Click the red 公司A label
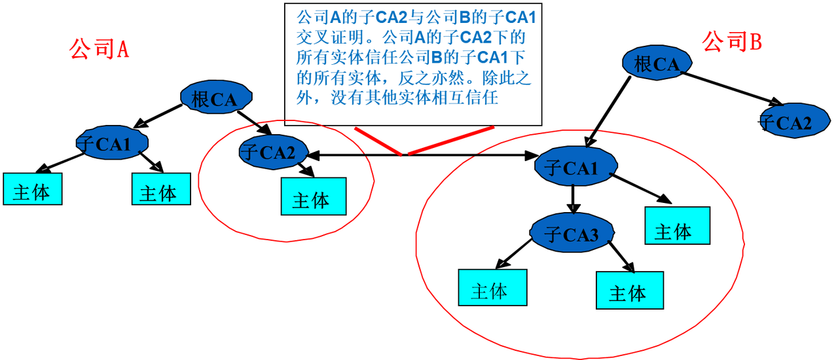click(x=99, y=50)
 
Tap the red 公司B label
click(x=732, y=43)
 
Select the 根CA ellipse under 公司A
click(x=215, y=98)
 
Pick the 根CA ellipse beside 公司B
click(x=657, y=63)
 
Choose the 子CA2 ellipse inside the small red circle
click(x=272, y=152)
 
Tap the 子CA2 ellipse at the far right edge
click(x=793, y=122)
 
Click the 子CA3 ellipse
click(x=572, y=234)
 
